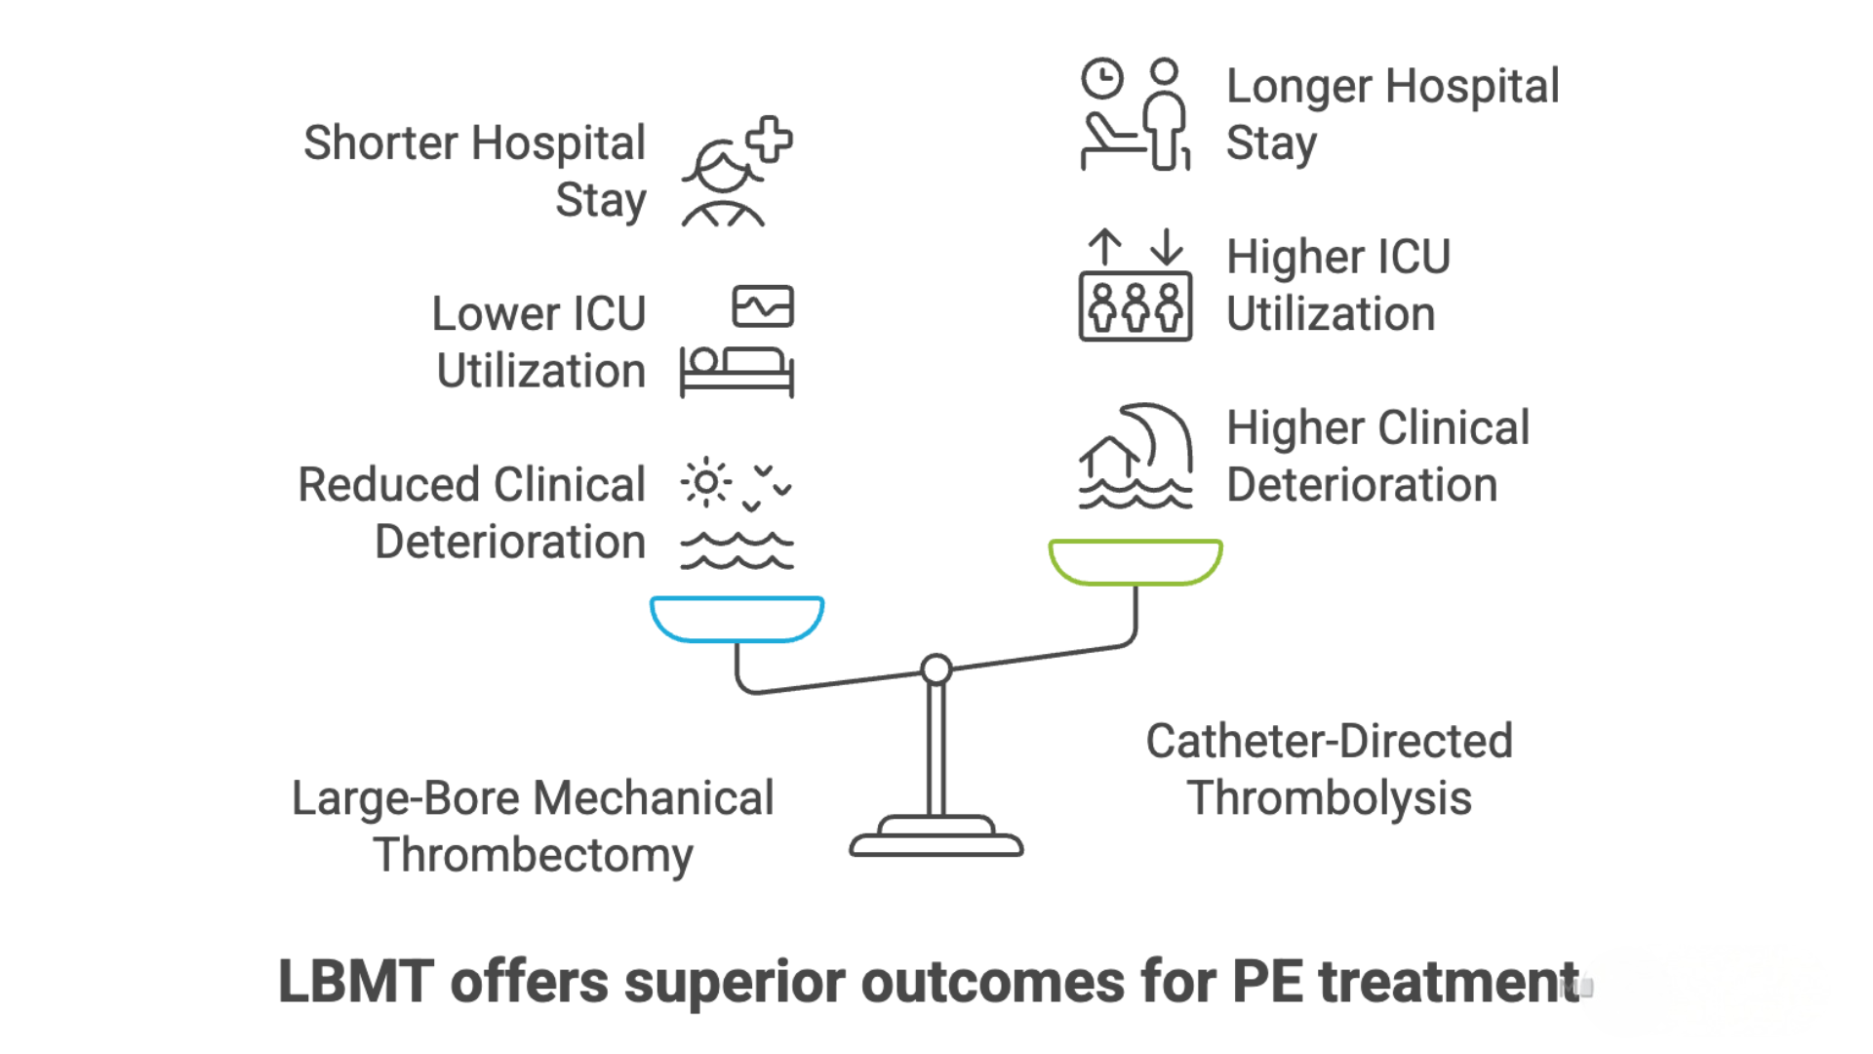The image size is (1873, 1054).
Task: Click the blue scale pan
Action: click(737, 619)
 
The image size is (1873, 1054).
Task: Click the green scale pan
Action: click(1135, 562)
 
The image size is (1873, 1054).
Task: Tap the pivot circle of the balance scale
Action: click(936, 669)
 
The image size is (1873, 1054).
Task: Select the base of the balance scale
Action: click(936, 839)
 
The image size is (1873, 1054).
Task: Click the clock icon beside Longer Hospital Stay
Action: click(1102, 79)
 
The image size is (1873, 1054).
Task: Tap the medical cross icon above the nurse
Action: click(770, 140)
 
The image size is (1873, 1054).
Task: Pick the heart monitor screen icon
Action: click(763, 306)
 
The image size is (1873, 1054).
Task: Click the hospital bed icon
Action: click(737, 372)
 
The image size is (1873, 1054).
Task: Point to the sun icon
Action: click(706, 482)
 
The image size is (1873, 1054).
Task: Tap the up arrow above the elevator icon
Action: click(1104, 248)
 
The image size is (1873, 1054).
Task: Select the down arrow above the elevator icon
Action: click(1166, 248)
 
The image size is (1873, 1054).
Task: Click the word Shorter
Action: click(380, 143)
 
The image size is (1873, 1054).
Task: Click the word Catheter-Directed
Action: click(1329, 742)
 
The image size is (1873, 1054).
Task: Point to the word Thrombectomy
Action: click(533, 856)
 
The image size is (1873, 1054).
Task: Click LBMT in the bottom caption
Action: click(355, 982)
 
